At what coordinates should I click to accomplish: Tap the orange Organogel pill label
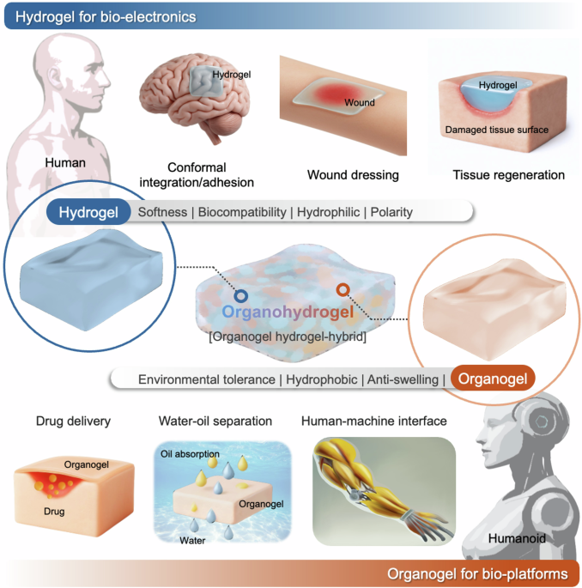tap(492, 379)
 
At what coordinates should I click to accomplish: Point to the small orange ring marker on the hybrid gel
tap(341, 291)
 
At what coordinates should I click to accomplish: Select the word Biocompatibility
tap(243, 212)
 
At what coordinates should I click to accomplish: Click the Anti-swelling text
tap(403, 379)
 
